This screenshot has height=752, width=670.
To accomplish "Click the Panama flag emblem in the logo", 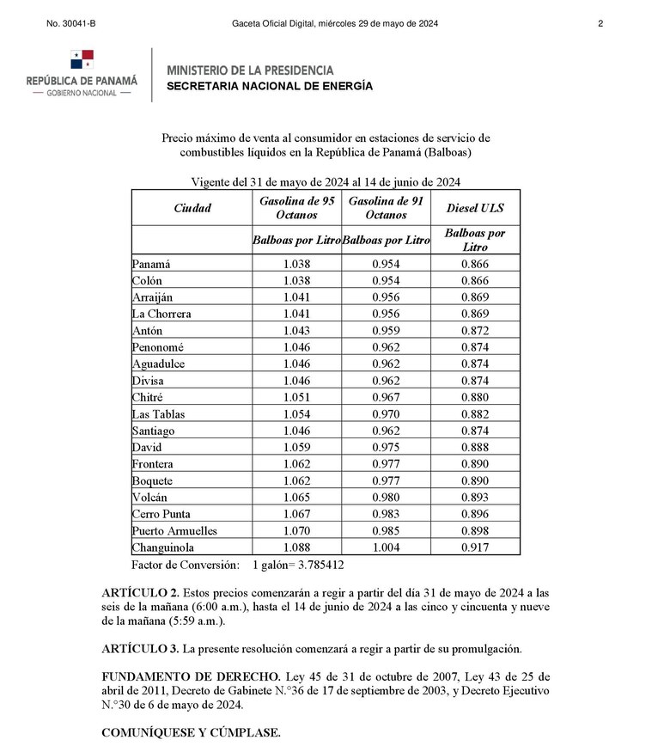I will [82, 59].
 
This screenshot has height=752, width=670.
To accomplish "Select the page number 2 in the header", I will [600, 24].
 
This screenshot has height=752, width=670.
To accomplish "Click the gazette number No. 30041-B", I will [70, 24].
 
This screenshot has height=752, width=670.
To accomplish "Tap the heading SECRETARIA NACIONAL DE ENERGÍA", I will [270, 86].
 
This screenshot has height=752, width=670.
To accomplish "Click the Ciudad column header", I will [192, 208].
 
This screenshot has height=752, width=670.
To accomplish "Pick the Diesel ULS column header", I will [475, 208].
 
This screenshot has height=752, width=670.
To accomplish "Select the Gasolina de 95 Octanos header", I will [296, 208].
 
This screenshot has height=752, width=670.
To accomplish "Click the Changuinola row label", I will [162, 547].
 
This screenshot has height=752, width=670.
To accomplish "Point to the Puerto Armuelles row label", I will [174, 531].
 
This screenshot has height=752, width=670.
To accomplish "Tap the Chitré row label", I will [149, 397].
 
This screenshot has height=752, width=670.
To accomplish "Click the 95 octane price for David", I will [296, 448].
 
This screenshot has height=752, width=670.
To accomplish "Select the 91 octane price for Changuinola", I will [386, 547].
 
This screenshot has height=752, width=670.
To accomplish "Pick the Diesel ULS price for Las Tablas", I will [475, 414].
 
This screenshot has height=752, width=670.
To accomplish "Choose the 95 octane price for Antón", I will [296, 331].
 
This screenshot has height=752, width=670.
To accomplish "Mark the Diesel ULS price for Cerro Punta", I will [475, 514].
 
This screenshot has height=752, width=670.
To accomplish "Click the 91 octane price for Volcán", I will [386, 498].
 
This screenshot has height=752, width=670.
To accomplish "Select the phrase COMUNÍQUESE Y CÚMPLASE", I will [191, 733].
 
